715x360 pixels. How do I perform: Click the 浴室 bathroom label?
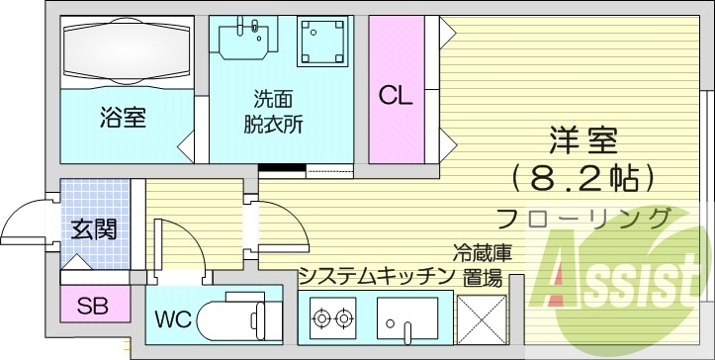[x=123, y=119]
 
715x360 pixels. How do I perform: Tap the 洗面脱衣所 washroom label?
[x=273, y=113]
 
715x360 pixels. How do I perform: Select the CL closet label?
[x=396, y=97]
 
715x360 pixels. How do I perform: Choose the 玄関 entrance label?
[x=94, y=229]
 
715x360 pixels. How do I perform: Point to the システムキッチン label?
[x=376, y=274]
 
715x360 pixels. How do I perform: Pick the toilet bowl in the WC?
[x=233, y=321]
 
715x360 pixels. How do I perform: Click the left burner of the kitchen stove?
[x=321, y=318]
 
